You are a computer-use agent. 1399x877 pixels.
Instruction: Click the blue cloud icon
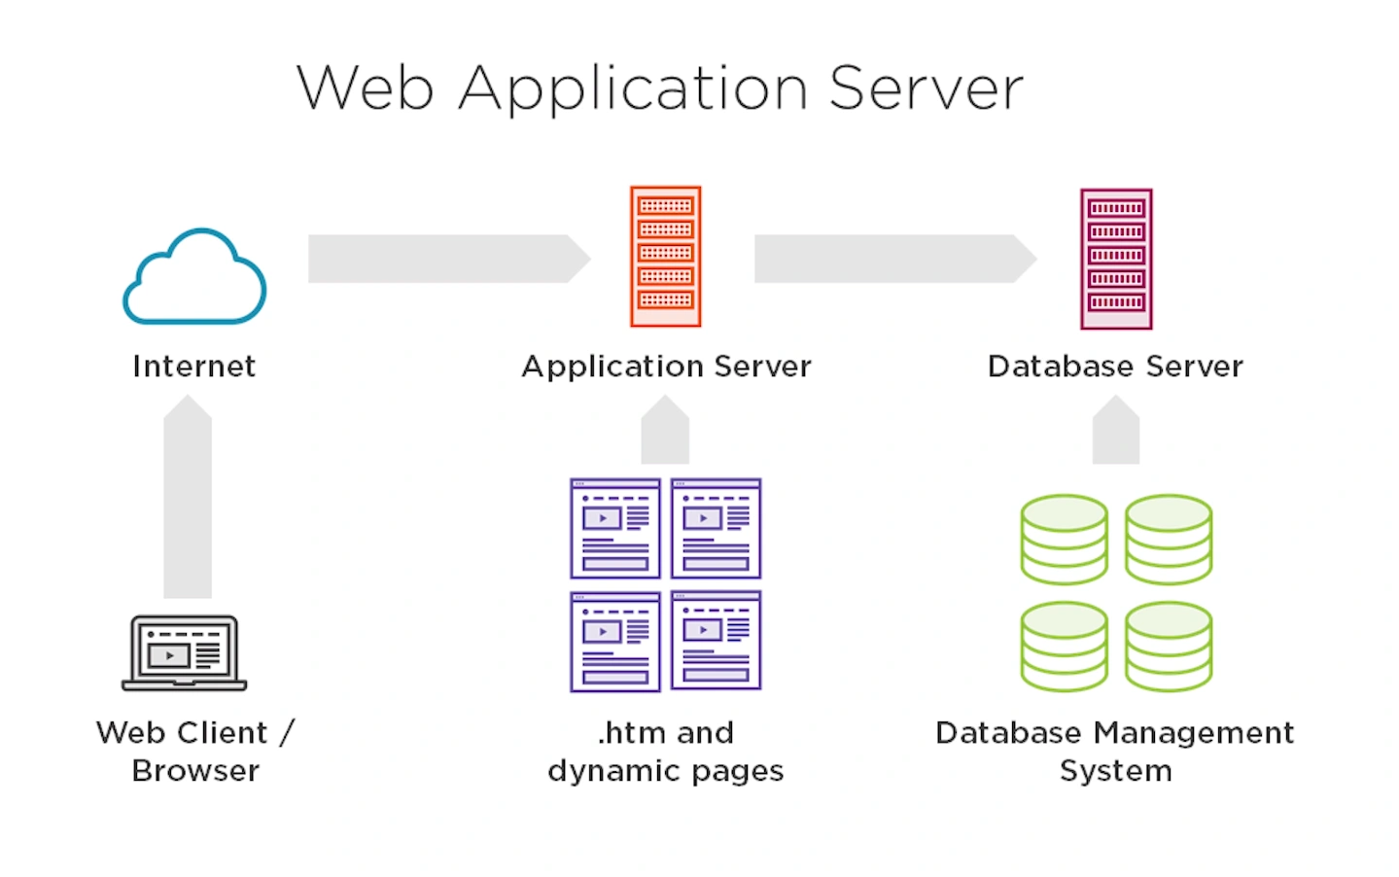pyautogui.click(x=194, y=277)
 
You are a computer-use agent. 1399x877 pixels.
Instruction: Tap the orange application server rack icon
pyautogui.click(x=666, y=257)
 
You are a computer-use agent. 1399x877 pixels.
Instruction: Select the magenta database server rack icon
pyautogui.click(x=1116, y=260)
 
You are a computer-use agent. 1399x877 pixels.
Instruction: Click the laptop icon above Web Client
pyautogui.click(x=185, y=652)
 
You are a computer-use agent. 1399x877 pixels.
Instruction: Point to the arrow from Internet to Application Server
pyautogui.click(x=447, y=259)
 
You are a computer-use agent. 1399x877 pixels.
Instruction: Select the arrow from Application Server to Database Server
pyautogui.click(x=894, y=259)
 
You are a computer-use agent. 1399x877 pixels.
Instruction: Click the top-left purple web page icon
pyautogui.click(x=615, y=529)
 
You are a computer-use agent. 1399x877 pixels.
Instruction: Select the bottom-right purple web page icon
pyautogui.click(x=717, y=641)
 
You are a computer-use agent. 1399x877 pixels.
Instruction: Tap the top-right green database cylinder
pyautogui.click(x=1169, y=540)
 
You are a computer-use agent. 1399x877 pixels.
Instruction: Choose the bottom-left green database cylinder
pyautogui.click(x=1064, y=647)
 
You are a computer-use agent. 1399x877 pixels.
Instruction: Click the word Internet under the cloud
pyautogui.click(x=194, y=367)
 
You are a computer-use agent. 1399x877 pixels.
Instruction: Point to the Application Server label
pyautogui.click(x=666, y=367)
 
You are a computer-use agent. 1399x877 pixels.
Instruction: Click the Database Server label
pyautogui.click(x=1115, y=367)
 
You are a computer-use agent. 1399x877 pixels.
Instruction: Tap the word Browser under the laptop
pyautogui.click(x=195, y=771)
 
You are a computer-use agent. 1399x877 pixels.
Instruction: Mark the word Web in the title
pyautogui.click(x=366, y=88)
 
